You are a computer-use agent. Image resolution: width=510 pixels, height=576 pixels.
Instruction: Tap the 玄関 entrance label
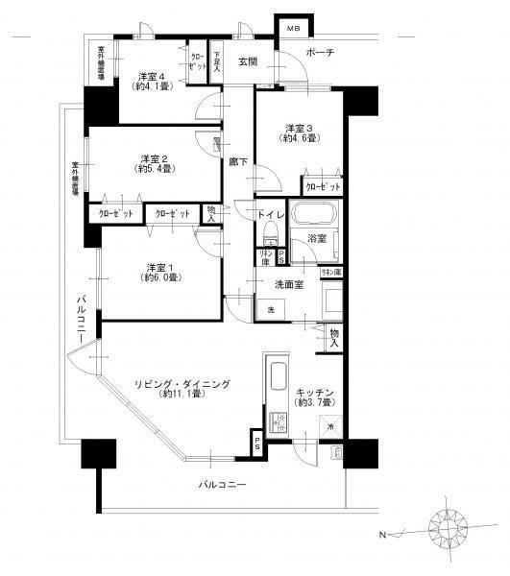(x=249, y=62)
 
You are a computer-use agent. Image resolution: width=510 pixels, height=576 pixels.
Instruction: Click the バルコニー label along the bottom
(x=223, y=485)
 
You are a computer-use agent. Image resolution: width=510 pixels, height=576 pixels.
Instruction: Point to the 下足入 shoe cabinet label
(x=217, y=61)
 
